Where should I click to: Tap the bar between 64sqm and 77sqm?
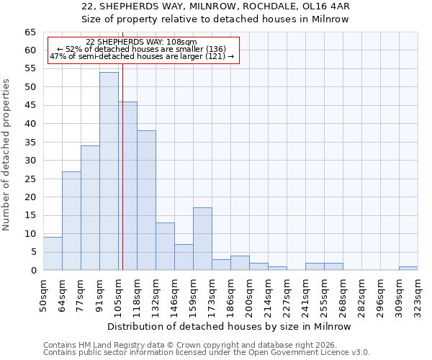[x=71, y=221]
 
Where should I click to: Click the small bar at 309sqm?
[x=408, y=269]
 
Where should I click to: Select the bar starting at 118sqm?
[x=146, y=200]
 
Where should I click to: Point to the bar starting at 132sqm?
[x=165, y=246]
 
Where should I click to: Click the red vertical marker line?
[x=122, y=180]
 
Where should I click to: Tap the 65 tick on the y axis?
[x=30, y=32]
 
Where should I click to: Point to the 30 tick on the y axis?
[x=30, y=161]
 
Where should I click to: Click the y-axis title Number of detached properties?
[x=6, y=155]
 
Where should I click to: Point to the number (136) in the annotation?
[x=212, y=49]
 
